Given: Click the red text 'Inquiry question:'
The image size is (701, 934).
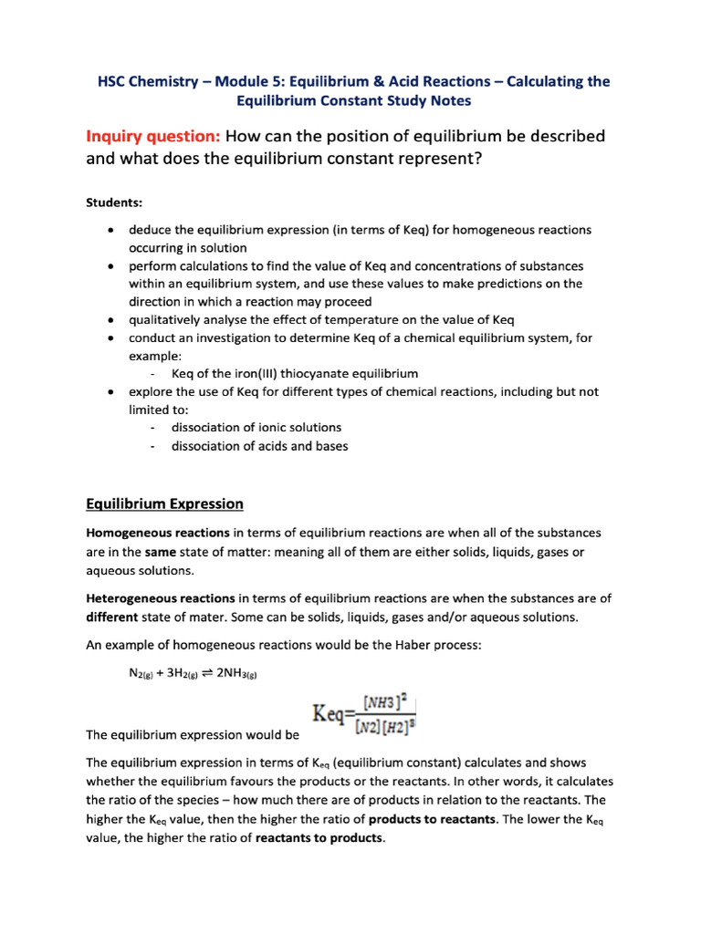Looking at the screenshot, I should [152, 137].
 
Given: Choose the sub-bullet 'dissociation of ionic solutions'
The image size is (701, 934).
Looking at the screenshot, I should [256, 427].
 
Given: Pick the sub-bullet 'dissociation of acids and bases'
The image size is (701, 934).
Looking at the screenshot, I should [259, 446].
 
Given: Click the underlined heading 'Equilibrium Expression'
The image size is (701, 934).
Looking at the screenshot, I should [164, 503].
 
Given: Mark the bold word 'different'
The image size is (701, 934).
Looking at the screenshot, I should [111, 617].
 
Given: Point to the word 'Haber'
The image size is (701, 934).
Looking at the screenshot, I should [389, 646].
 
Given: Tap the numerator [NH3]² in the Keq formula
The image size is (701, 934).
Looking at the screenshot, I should [383, 702].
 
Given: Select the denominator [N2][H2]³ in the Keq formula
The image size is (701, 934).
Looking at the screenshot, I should [383, 724].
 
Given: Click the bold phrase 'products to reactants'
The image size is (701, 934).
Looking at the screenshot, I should [432, 819].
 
